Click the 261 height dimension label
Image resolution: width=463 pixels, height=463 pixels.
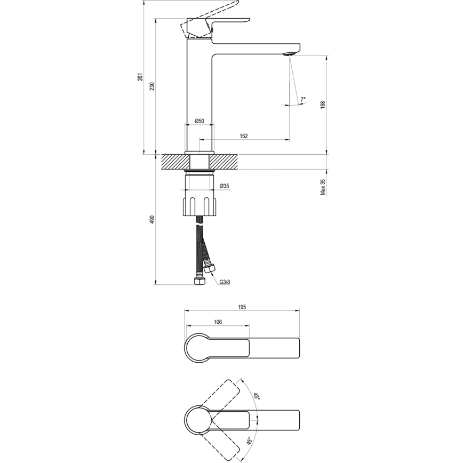(x=140, y=77)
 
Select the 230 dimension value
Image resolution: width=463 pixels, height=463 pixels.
(x=153, y=86)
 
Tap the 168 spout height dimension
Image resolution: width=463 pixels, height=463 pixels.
(x=323, y=105)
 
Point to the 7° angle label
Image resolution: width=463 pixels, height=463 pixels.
(x=303, y=99)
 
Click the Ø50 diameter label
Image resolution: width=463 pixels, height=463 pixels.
(x=199, y=121)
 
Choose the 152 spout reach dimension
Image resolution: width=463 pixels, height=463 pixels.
(x=243, y=136)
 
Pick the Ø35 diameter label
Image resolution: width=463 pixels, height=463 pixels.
(x=225, y=186)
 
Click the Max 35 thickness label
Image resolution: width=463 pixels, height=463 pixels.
(x=323, y=187)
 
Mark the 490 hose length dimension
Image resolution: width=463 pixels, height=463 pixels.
(x=153, y=219)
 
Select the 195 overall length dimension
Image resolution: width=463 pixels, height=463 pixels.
(x=241, y=307)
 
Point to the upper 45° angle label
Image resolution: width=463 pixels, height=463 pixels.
(x=256, y=397)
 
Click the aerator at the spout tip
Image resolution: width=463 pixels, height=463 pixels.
(x=290, y=54)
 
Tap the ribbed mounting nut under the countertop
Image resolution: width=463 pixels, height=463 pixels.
(x=199, y=206)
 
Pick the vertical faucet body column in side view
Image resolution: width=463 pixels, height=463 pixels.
(x=199, y=91)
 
